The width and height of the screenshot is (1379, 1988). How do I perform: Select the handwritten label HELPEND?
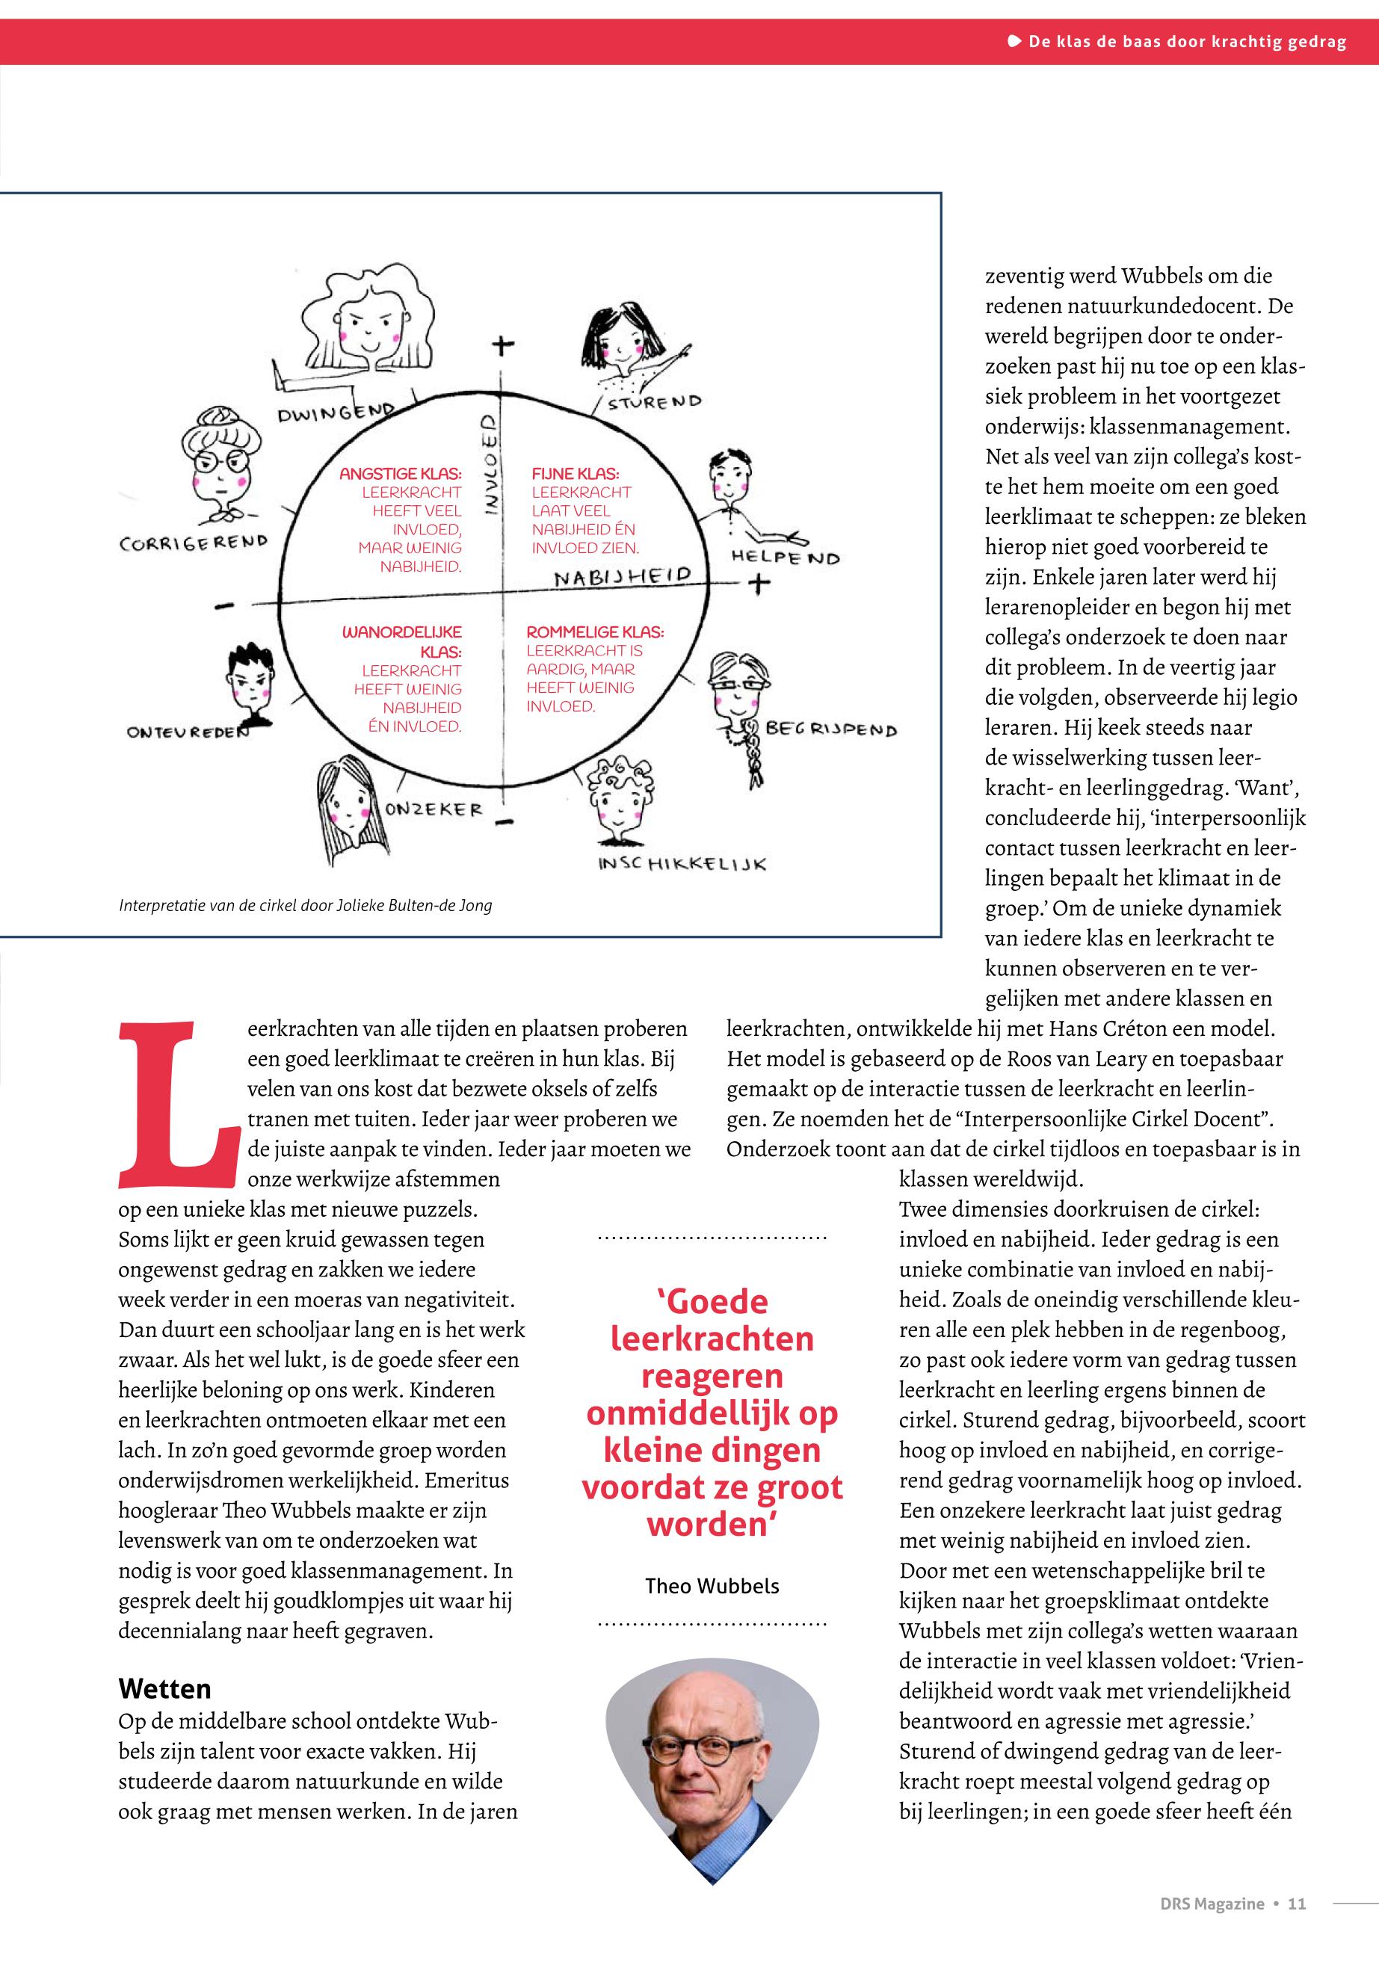[786, 558]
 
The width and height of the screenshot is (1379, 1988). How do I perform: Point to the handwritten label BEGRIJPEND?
[831, 730]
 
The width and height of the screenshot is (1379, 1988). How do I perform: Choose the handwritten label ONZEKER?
[434, 809]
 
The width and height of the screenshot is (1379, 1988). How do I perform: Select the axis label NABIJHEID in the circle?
[622, 576]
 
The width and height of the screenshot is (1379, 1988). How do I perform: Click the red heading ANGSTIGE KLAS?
[400, 475]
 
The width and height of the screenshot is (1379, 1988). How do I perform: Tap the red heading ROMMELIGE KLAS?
[595, 632]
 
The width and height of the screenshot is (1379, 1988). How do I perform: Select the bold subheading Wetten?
[164, 1688]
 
